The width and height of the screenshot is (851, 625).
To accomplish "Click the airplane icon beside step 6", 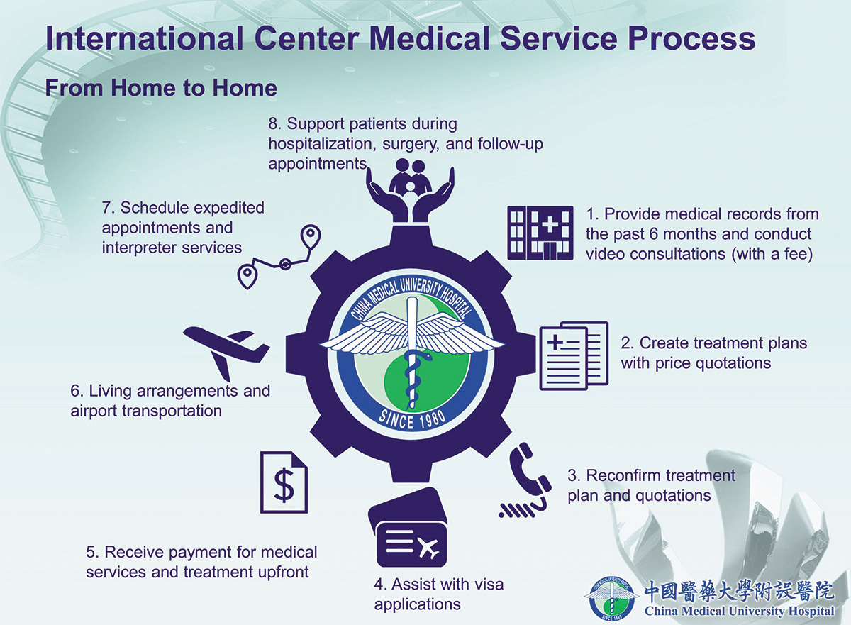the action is tap(226, 352).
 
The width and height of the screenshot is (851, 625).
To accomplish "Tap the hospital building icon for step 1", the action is tap(540, 233).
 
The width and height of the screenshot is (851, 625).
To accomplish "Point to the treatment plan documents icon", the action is tap(574, 356).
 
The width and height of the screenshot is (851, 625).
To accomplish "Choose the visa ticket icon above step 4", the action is tap(408, 527).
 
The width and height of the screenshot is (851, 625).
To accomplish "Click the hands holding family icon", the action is tap(411, 190).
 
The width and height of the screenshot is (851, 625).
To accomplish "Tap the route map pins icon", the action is tap(279, 257).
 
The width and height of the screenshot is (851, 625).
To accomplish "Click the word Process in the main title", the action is tap(691, 39).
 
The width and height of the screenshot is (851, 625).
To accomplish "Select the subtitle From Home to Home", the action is tap(161, 88).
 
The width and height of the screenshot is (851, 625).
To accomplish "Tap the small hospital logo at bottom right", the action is tap(610, 599).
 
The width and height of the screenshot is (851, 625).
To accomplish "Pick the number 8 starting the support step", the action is tap(272, 124).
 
